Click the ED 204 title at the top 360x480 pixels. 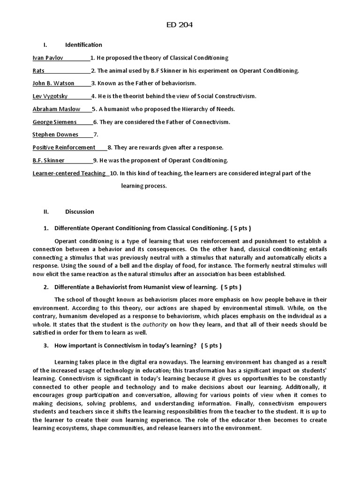point(180,25)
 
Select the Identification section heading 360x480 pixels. point(83,45)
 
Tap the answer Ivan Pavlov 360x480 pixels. point(48,58)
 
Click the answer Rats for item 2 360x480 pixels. point(38,71)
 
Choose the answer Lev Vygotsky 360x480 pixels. point(50,96)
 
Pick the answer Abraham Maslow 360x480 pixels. point(56,109)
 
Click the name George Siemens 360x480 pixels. point(55,122)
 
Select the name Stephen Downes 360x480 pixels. point(55,135)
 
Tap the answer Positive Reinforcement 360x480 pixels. point(64,147)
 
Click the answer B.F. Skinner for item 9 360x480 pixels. point(49,160)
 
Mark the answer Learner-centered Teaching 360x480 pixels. point(69,173)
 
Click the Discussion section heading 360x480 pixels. point(79,211)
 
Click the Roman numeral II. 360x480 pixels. point(46,211)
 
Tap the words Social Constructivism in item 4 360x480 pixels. point(226,96)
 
